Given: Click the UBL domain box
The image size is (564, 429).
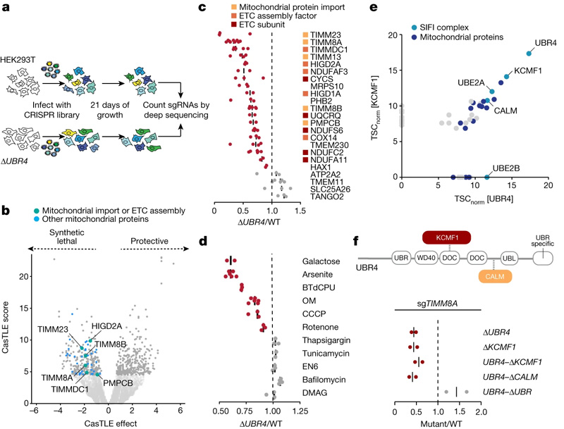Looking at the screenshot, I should click(501, 259).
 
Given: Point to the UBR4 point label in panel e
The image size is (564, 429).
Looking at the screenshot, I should click(545, 43).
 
